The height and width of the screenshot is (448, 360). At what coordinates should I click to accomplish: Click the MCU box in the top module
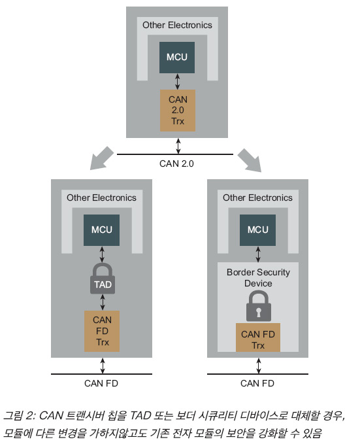[x=176, y=58]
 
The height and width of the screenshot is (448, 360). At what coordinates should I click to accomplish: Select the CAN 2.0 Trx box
[x=178, y=111]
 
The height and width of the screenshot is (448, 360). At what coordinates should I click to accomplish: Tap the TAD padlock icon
[x=103, y=279]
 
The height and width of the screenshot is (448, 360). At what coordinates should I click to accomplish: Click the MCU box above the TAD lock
[x=101, y=230]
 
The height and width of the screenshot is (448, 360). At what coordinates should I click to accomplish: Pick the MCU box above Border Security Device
[x=257, y=230]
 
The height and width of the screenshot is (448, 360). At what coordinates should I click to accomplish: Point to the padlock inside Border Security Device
[x=259, y=305]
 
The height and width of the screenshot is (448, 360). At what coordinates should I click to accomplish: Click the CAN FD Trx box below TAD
[x=102, y=331]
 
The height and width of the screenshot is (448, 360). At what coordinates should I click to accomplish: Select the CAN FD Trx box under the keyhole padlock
[x=258, y=337]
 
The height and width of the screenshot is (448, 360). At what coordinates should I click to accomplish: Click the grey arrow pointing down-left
[x=101, y=158]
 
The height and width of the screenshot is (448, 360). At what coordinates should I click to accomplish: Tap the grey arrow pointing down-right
[x=250, y=160]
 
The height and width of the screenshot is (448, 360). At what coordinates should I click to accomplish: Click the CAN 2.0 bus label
[x=176, y=164]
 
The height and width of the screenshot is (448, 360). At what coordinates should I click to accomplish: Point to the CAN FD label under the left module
[x=101, y=383]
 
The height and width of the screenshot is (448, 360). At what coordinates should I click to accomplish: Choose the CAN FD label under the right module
[x=257, y=383]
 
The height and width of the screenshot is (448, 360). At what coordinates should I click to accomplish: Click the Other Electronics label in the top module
[x=177, y=25]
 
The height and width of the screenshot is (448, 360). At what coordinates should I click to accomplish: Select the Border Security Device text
[x=258, y=278]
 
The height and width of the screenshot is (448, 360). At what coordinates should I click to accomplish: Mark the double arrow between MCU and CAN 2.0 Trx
[x=177, y=82]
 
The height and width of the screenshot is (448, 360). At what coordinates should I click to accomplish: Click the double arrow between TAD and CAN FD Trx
[x=103, y=302]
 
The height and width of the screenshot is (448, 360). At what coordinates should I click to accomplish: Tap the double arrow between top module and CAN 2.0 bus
[x=178, y=146]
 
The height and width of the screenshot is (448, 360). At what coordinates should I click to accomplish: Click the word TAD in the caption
[x=140, y=416]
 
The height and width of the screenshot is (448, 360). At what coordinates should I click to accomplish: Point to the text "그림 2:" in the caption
[x=19, y=416]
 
